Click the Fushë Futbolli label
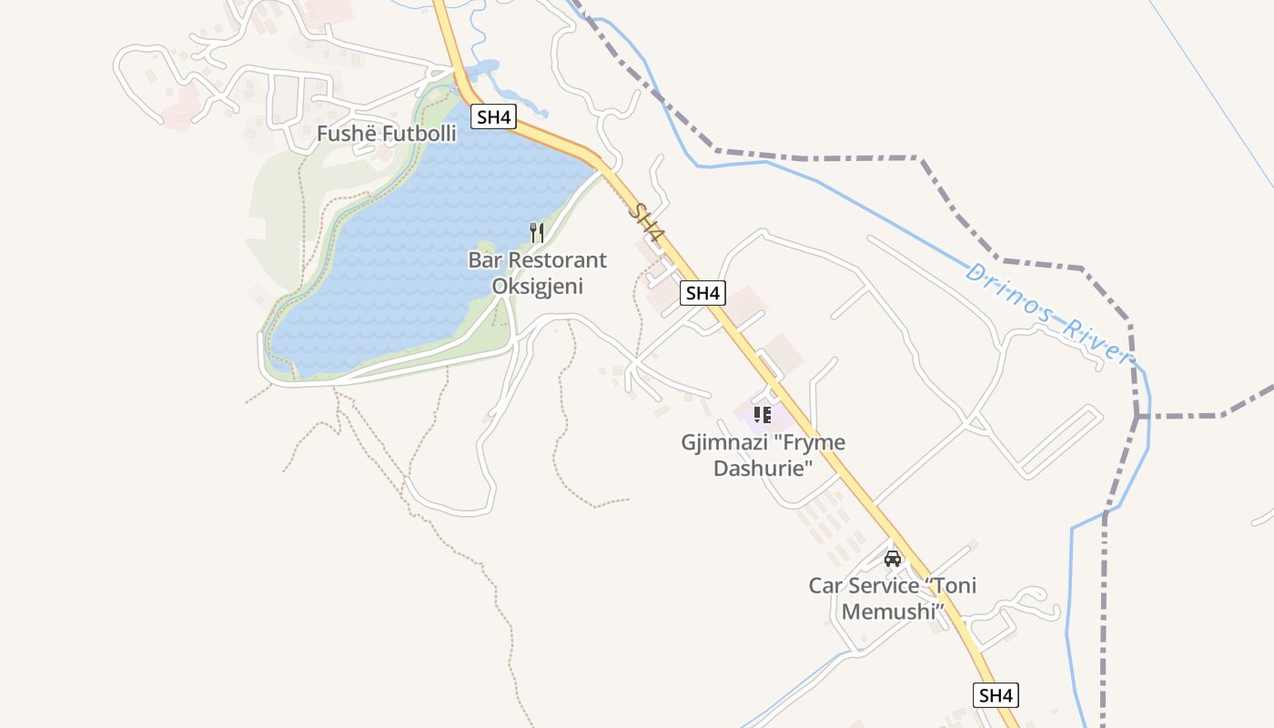coord(386,134)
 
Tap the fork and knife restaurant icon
coord(537,233)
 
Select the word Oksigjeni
coord(537,286)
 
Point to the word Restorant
coord(557,260)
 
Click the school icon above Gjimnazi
coord(763,415)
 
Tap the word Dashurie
coord(763,469)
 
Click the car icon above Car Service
coord(893,558)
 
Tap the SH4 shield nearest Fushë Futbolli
coord(494,116)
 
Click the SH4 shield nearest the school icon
coord(703,293)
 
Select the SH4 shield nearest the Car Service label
coord(996,695)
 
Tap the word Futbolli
coord(419,134)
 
